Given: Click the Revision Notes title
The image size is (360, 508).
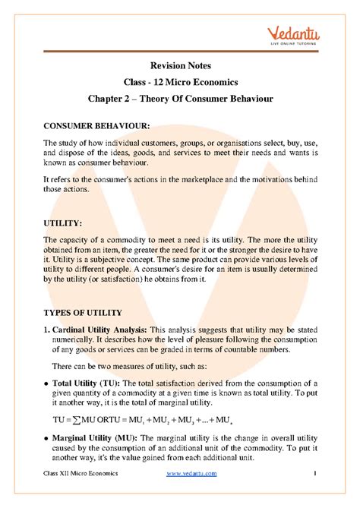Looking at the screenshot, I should point(180,65).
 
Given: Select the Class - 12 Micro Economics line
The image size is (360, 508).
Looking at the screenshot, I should point(180,81).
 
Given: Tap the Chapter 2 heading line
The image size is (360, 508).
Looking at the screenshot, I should point(180,99).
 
